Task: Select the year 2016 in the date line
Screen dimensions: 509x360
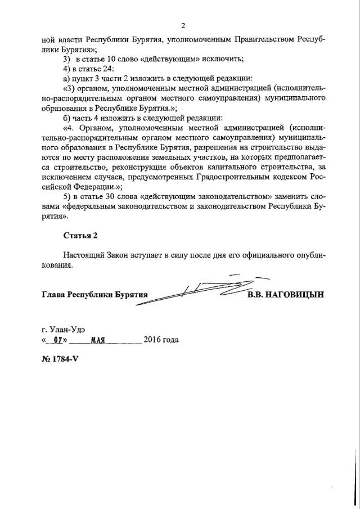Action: [152, 340]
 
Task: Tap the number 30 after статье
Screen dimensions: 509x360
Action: [120, 197]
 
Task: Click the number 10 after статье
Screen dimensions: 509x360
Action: [120, 59]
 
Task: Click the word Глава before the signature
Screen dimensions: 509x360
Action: [53, 294]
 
